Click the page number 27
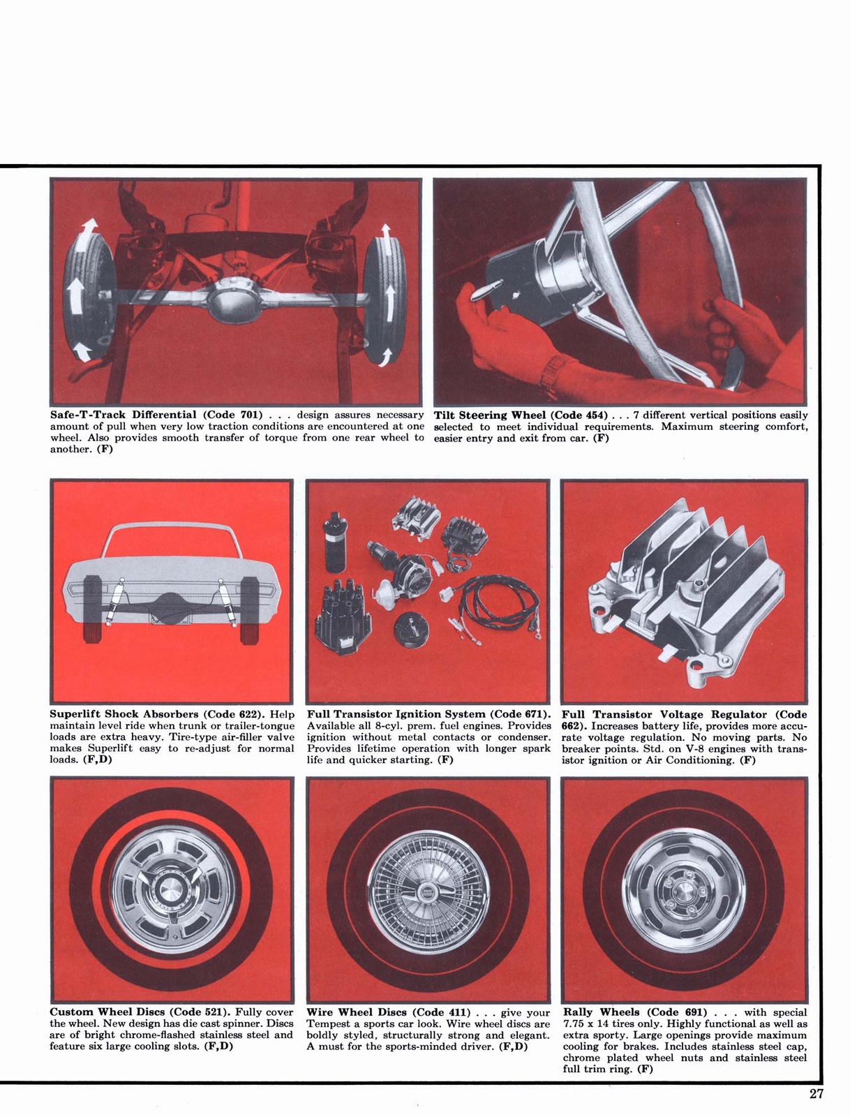tap(817, 1094)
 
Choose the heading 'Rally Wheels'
tap(600, 1012)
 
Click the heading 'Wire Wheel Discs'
tap(357, 1012)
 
